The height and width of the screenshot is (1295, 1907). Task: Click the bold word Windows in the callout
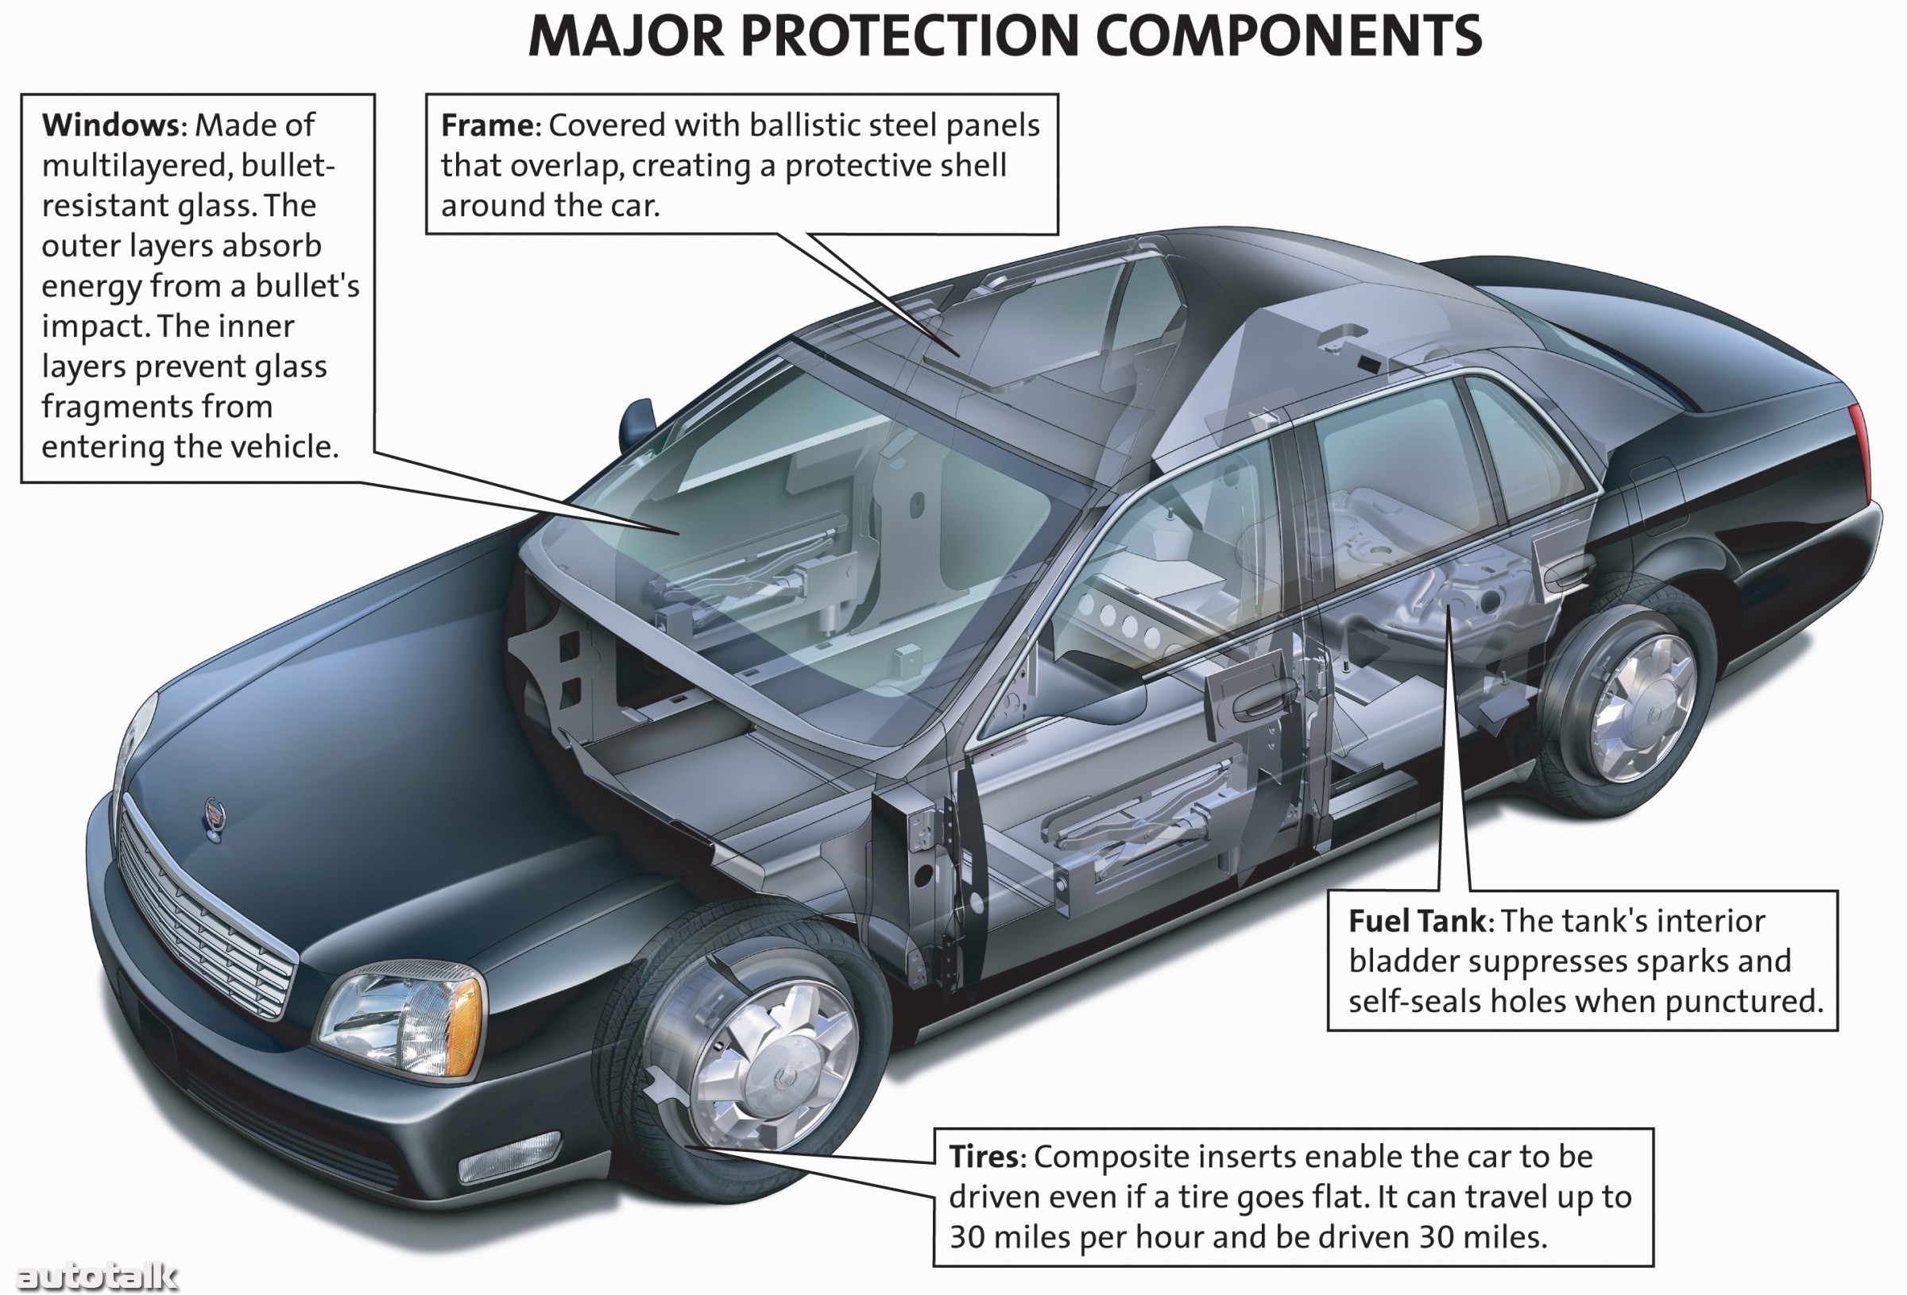click(110, 126)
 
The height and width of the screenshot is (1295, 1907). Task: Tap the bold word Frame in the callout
click(487, 126)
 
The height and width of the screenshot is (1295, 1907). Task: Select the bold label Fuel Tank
click(1416, 921)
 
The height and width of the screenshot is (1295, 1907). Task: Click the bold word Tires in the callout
click(983, 1156)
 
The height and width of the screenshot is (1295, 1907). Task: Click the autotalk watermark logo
click(97, 1275)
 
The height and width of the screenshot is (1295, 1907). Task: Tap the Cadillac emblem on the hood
click(215, 817)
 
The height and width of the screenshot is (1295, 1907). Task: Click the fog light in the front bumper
click(509, 1156)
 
